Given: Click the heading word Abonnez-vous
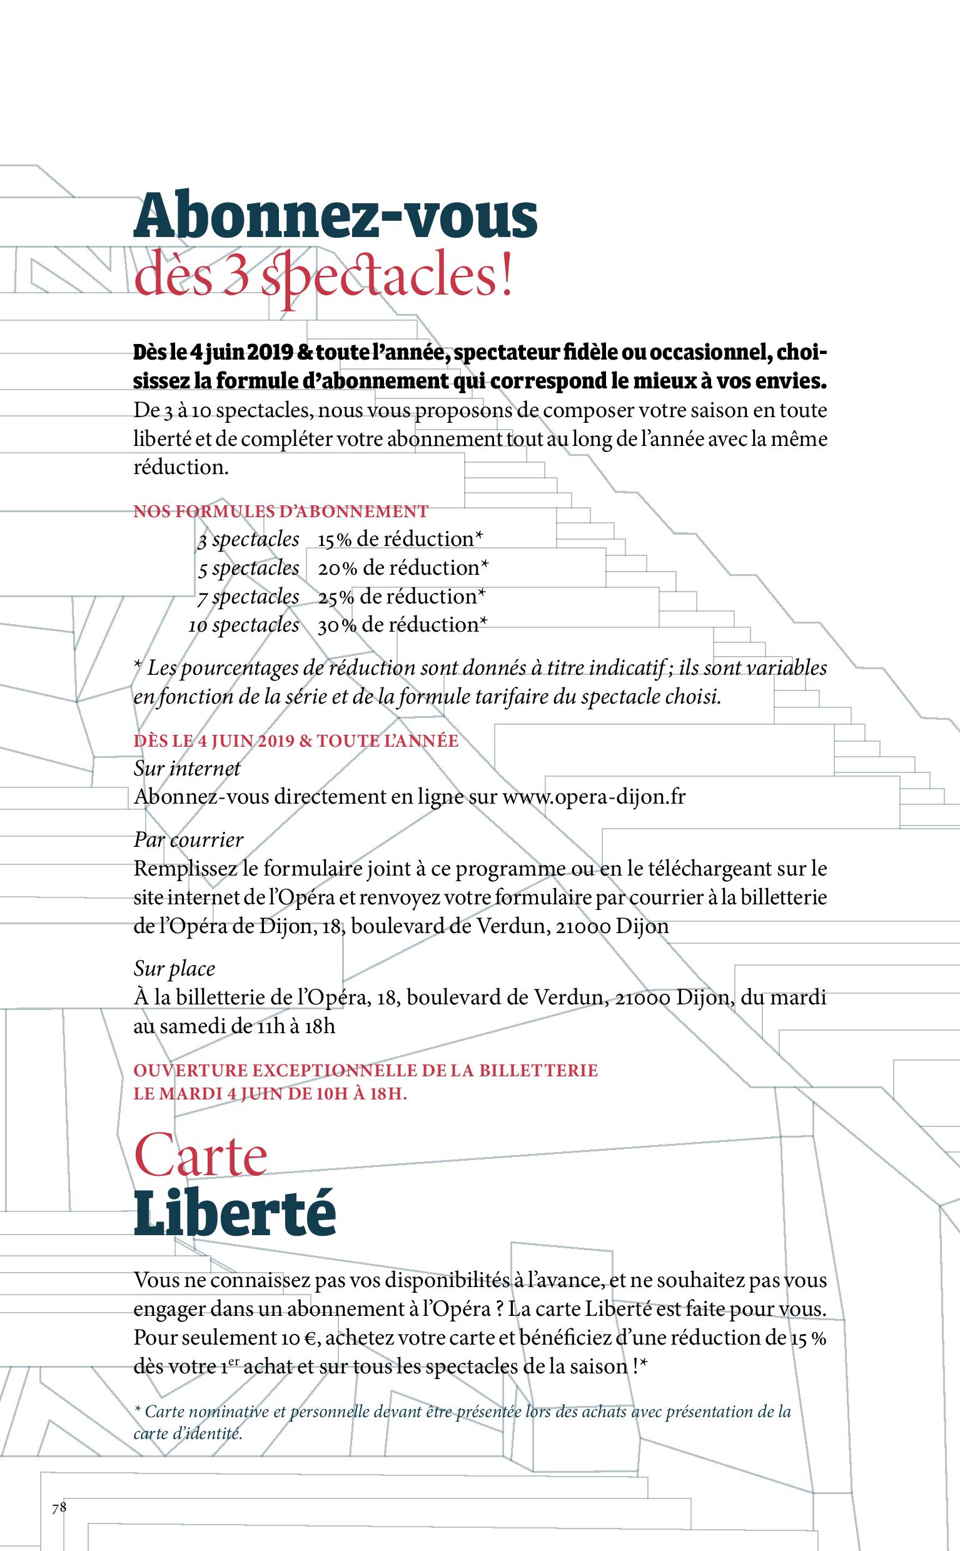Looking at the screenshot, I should point(335,218).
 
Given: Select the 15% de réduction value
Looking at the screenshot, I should point(401,539).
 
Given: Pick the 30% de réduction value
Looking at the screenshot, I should point(403,625).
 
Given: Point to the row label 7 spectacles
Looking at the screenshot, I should point(248,596).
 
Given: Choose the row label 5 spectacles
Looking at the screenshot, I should point(248,568).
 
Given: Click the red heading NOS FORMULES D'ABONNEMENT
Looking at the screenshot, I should point(281,511).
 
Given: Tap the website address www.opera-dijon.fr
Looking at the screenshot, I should point(594,796).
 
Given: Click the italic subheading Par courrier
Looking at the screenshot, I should point(188,839).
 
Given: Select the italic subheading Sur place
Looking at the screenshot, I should point(174,968).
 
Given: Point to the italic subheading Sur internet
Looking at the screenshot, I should point(186,768).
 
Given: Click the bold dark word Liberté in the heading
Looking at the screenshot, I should point(235,1213).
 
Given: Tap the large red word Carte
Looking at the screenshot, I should point(201,1158).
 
